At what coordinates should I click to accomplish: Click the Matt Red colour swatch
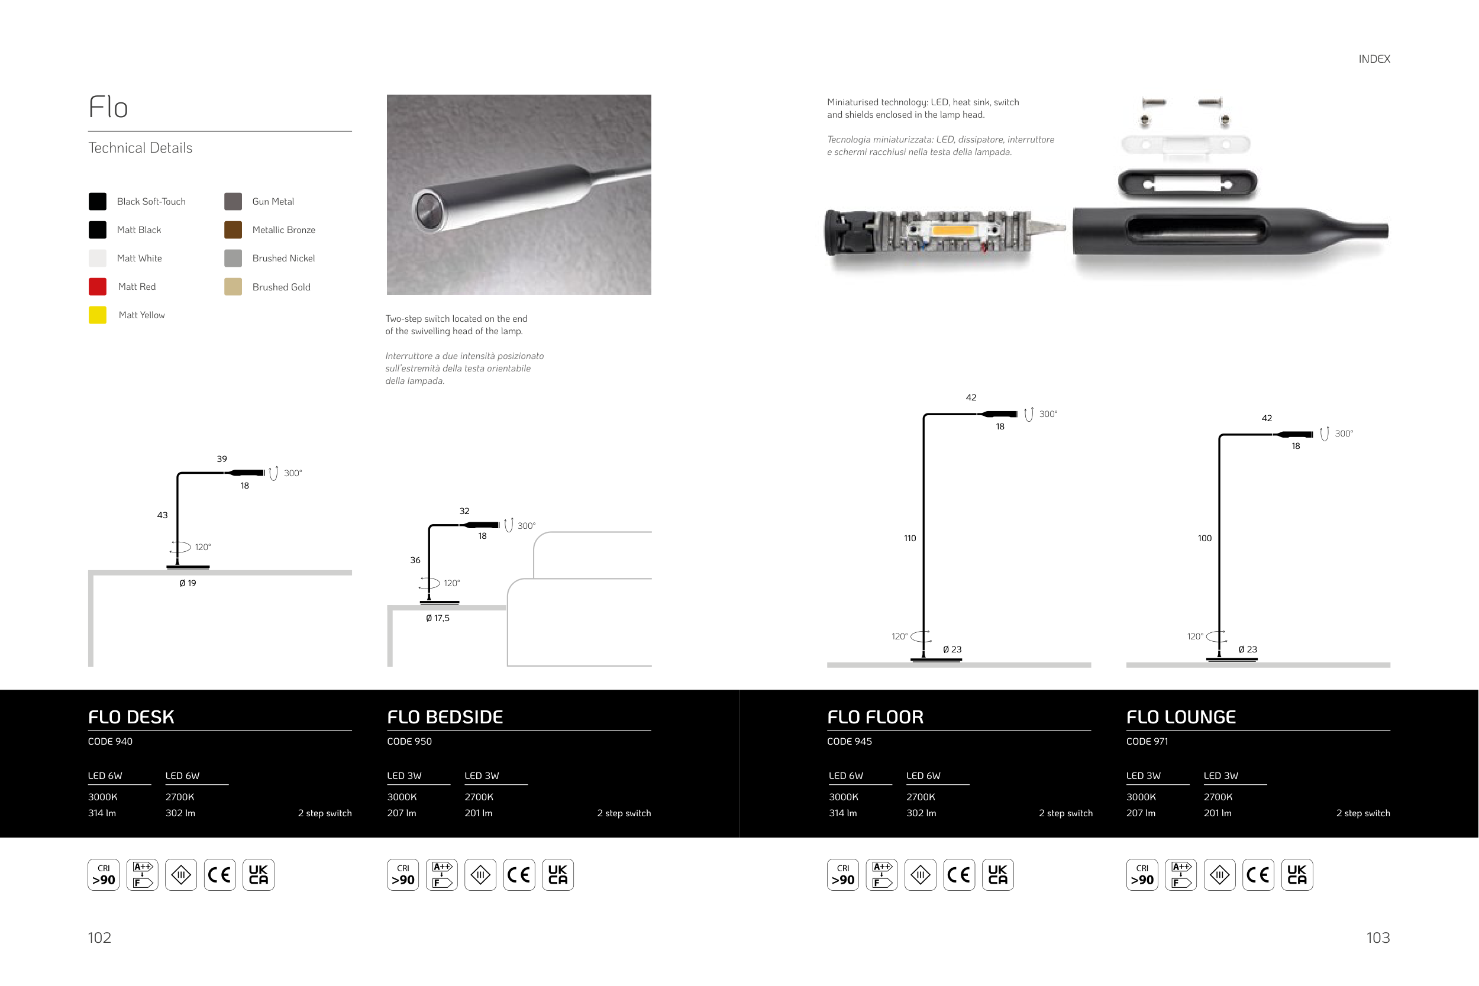coord(98,287)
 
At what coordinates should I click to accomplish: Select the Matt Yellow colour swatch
coord(98,315)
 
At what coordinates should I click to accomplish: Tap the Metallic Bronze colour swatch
coord(233,230)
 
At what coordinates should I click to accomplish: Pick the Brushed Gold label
coord(281,287)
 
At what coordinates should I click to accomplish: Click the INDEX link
coord(1374,59)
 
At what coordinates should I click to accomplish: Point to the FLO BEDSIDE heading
coord(444,717)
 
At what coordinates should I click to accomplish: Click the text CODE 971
coord(1147,741)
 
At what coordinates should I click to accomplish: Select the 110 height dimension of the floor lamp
coord(910,538)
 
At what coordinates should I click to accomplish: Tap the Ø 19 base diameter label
coord(188,584)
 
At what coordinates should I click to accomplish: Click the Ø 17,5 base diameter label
coord(438,618)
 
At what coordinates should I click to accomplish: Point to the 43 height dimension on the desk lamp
coord(162,515)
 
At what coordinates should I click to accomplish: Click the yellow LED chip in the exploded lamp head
coord(952,230)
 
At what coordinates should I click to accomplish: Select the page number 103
coord(1378,937)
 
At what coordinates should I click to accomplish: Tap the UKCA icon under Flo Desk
coord(259,875)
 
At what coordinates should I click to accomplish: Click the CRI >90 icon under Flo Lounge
coord(1142,875)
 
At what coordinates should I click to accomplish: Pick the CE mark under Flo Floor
coord(959,875)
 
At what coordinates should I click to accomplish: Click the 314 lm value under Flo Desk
coord(102,813)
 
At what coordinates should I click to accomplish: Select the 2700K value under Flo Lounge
coord(1218,797)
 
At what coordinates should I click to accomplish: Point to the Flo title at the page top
coord(108,107)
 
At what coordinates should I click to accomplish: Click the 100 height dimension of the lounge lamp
coord(1204,538)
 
